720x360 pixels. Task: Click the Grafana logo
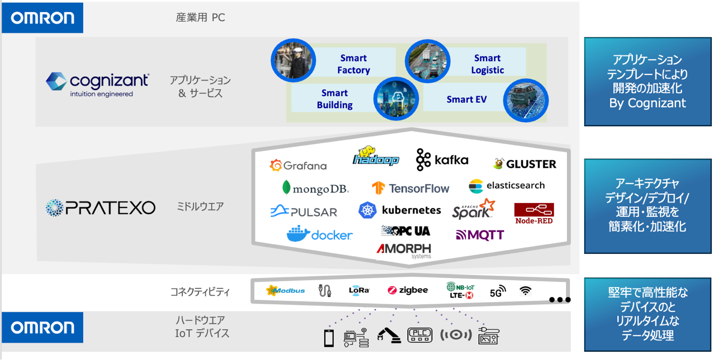point(298,165)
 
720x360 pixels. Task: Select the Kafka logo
point(442,160)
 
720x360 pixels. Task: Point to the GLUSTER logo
point(524,164)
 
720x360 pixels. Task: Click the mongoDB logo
point(316,189)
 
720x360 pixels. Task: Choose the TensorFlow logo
point(410,188)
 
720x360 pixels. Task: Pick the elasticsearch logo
point(507,186)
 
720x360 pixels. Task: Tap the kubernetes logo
point(399,210)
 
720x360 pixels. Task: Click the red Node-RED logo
point(534,213)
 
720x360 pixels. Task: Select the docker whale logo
point(319,234)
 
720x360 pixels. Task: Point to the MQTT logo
point(480,235)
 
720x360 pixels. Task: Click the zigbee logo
point(408,291)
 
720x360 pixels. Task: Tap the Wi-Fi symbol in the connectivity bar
point(526,291)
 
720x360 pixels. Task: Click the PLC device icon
point(419,335)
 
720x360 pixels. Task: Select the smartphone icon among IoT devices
point(329,337)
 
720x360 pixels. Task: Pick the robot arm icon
point(389,335)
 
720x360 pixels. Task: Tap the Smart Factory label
point(353,64)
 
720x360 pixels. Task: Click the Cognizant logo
point(97,84)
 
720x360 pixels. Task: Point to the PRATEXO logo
point(100,208)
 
